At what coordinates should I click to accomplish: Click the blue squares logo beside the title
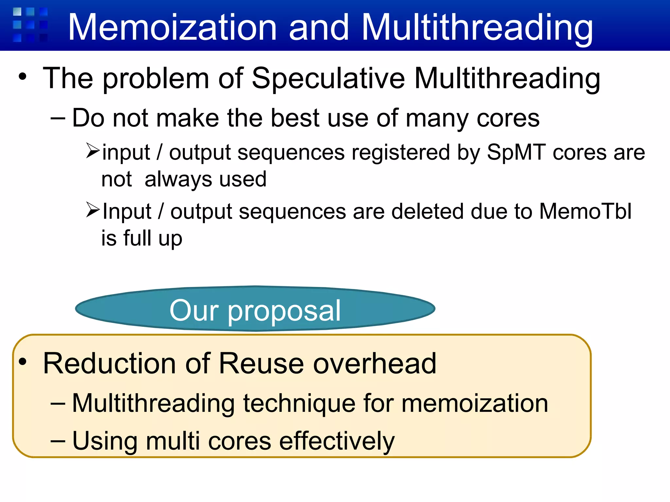tap(30, 25)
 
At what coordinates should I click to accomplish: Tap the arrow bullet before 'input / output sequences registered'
tap(93, 151)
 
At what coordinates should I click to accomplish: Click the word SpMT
tap(516, 152)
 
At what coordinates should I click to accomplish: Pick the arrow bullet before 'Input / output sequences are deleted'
tap(93, 210)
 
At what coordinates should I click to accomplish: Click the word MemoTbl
tap(585, 211)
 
